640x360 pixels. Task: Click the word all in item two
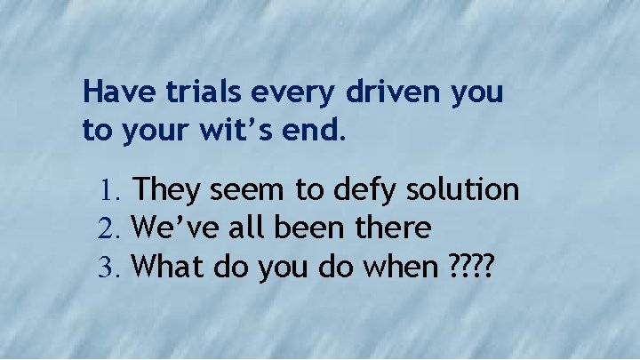tap(252, 228)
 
